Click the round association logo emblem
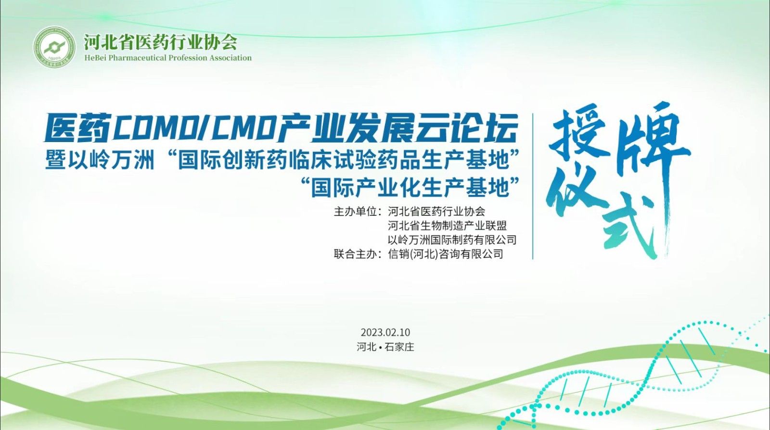pyautogui.click(x=54, y=47)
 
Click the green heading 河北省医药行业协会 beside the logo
pyautogui.click(x=161, y=42)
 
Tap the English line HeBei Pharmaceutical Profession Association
pyautogui.click(x=168, y=58)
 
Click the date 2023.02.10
pyautogui.click(x=385, y=332)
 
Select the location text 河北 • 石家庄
pyautogui.click(x=385, y=347)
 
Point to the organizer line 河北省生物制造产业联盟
pyautogui.click(x=447, y=226)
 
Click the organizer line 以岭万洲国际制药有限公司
pyautogui.click(x=452, y=240)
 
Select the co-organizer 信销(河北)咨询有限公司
pyautogui.click(x=446, y=254)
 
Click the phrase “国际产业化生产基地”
pyautogui.click(x=410, y=187)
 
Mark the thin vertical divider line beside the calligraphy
pyautogui.click(x=533, y=186)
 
